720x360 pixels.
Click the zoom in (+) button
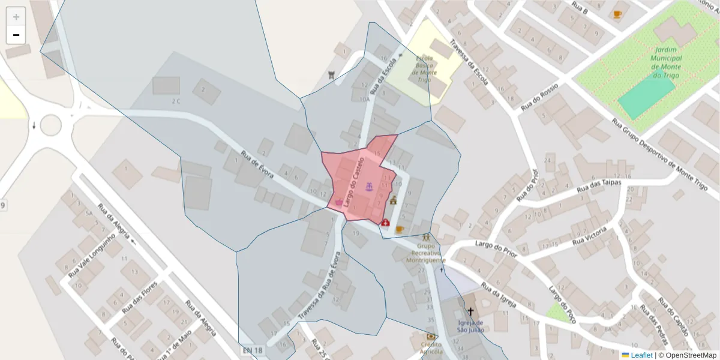pos(16,17)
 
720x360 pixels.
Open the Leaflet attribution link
pos(641,355)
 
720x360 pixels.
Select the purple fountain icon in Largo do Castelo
pos(370,187)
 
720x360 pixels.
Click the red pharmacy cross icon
pos(385,223)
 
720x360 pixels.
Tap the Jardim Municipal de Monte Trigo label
pos(666,62)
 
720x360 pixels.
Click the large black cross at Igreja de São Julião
pos(470,312)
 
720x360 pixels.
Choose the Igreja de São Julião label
pos(470,326)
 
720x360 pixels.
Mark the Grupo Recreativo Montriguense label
pos(426,253)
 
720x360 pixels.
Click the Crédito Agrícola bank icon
pos(431,337)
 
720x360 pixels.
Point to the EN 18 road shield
pos(253,350)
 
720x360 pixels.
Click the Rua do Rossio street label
pos(539,97)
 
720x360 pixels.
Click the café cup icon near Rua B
pos(617,14)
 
